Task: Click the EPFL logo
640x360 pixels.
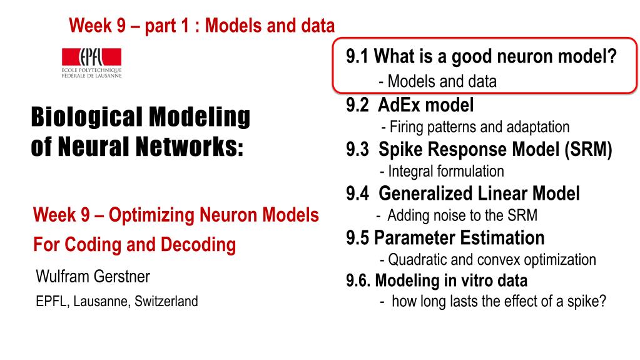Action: (91, 63)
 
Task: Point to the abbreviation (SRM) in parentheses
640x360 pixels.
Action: (588, 150)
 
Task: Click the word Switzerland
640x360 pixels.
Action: (166, 302)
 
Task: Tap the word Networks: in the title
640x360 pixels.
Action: (190, 147)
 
